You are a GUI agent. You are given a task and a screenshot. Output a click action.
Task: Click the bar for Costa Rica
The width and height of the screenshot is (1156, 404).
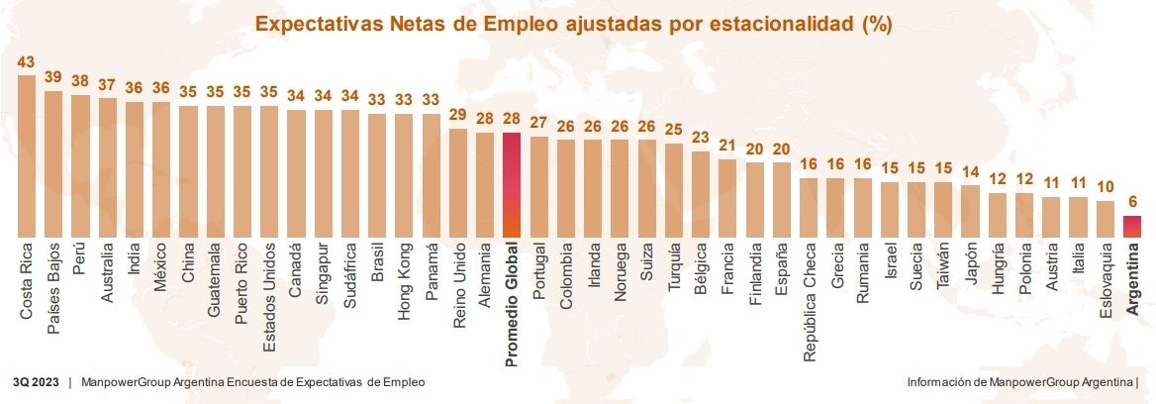(27, 155)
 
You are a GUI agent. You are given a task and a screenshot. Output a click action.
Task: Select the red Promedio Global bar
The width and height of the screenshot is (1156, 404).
(512, 184)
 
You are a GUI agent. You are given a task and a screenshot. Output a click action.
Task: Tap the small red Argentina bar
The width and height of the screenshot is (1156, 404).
(1132, 227)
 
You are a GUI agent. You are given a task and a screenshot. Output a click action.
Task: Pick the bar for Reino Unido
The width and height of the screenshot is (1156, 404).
(458, 182)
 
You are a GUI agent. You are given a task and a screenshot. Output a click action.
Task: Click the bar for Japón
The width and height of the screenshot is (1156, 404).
(970, 210)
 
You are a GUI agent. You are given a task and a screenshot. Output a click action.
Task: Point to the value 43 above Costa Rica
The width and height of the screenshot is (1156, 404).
(27, 62)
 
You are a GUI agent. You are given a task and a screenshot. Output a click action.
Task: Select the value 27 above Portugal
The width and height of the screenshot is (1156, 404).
(539, 123)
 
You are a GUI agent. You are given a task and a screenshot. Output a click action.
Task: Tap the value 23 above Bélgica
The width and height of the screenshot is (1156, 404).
(701, 138)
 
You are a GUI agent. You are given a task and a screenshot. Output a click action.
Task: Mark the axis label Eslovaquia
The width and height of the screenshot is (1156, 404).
(1106, 287)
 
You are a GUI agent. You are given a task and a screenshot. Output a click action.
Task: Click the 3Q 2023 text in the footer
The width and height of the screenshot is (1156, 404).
(36, 382)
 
